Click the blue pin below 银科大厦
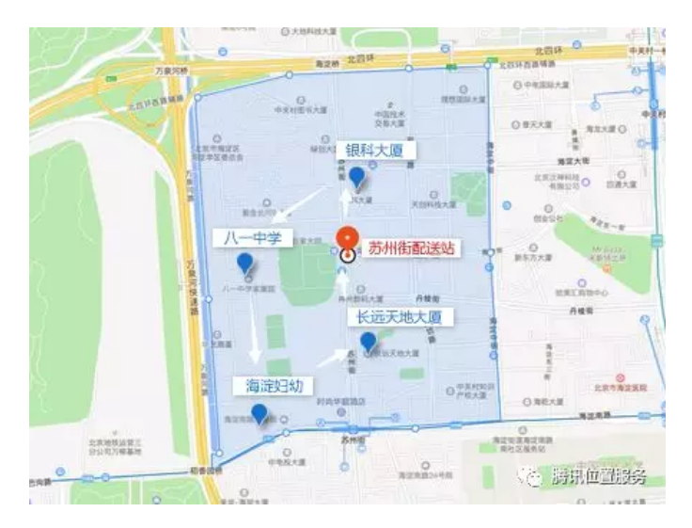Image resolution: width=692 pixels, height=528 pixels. (x=356, y=177)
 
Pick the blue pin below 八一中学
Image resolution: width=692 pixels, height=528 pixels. (x=245, y=264)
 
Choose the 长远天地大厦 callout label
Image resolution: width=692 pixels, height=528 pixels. (x=401, y=316)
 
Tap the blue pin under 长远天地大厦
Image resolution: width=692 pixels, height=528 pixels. (x=368, y=342)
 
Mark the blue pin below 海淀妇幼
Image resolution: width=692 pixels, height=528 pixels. (x=259, y=413)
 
